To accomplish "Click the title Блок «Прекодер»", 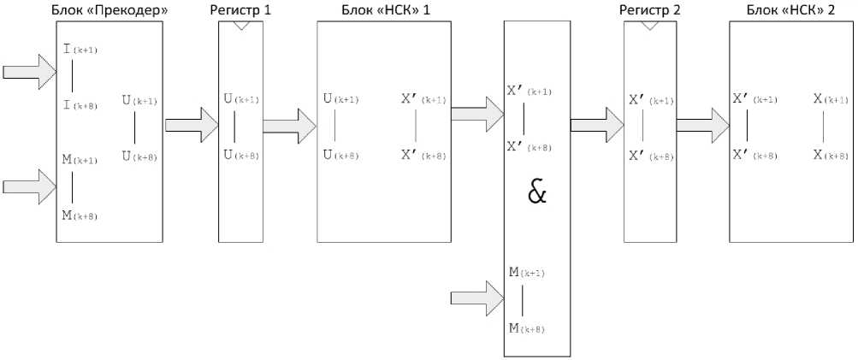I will click(110, 10).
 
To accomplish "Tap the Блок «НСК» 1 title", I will click(384, 10).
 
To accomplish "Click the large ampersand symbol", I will click(536, 192).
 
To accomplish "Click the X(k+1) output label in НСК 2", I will click(831, 99).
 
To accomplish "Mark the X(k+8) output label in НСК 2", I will click(831, 155).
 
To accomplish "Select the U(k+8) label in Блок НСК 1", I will click(340, 155).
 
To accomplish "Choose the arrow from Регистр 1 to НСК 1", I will click(289, 124).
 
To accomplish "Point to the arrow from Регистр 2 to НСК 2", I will click(702, 124).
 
